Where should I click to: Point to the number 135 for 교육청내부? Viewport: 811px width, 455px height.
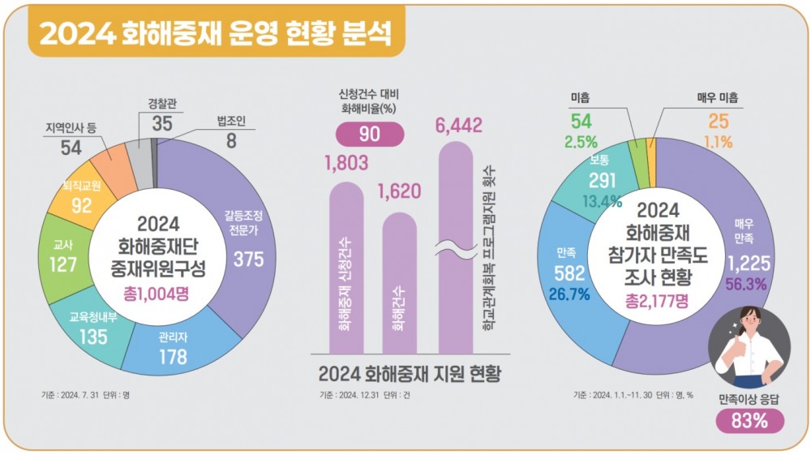(x=93, y=337)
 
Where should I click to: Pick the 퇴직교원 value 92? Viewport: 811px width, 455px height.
(x=82, y=204)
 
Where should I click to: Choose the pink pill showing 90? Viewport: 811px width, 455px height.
(x=369, y=134)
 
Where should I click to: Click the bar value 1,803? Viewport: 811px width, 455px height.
(x=346, y=163)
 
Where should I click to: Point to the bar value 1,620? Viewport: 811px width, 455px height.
(x=399, y=191)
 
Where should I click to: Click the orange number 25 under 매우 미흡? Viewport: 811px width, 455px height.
(x=719, y=122)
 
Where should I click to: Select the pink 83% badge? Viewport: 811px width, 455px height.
(x=749, y=421)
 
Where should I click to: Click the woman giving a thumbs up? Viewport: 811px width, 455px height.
(x=749, y=350)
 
